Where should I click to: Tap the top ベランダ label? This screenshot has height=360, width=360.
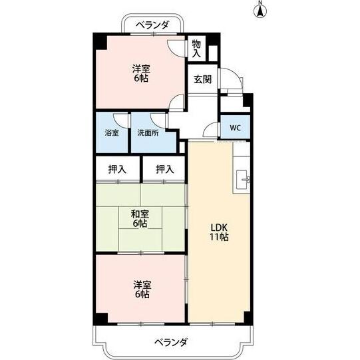(152, 25)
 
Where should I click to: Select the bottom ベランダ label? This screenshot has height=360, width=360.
(171, 342)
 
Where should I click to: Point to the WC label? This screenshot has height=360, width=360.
(236, 128)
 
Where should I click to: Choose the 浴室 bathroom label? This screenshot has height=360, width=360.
(112, 132)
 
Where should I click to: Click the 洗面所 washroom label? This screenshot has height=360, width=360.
(148, 132)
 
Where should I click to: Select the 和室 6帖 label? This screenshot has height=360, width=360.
(139, 219)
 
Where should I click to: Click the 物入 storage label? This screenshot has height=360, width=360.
(196, 49)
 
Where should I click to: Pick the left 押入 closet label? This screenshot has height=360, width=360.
(117, 170)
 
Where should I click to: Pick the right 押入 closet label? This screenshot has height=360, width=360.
(165, 170)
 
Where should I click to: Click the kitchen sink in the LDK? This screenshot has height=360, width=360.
(242, 178)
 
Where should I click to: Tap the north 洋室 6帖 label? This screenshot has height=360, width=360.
(139, 73)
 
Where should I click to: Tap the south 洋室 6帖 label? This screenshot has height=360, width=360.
(139, 290)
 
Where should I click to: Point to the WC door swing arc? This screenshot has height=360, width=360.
(213, 130)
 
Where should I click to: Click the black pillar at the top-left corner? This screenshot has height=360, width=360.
(98, 39)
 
